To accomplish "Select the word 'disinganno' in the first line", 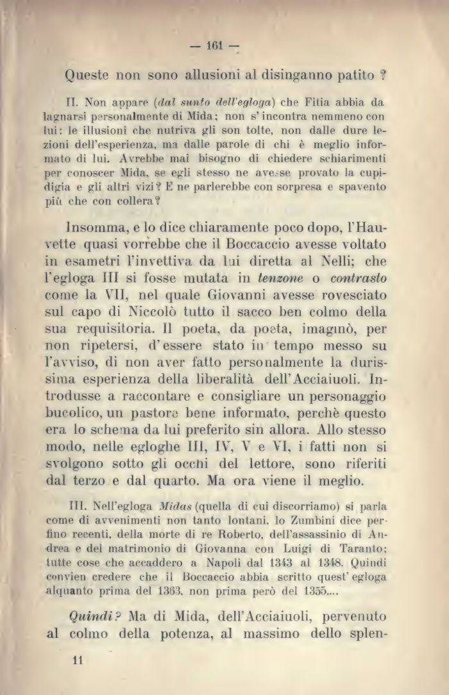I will tap(292, 76).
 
